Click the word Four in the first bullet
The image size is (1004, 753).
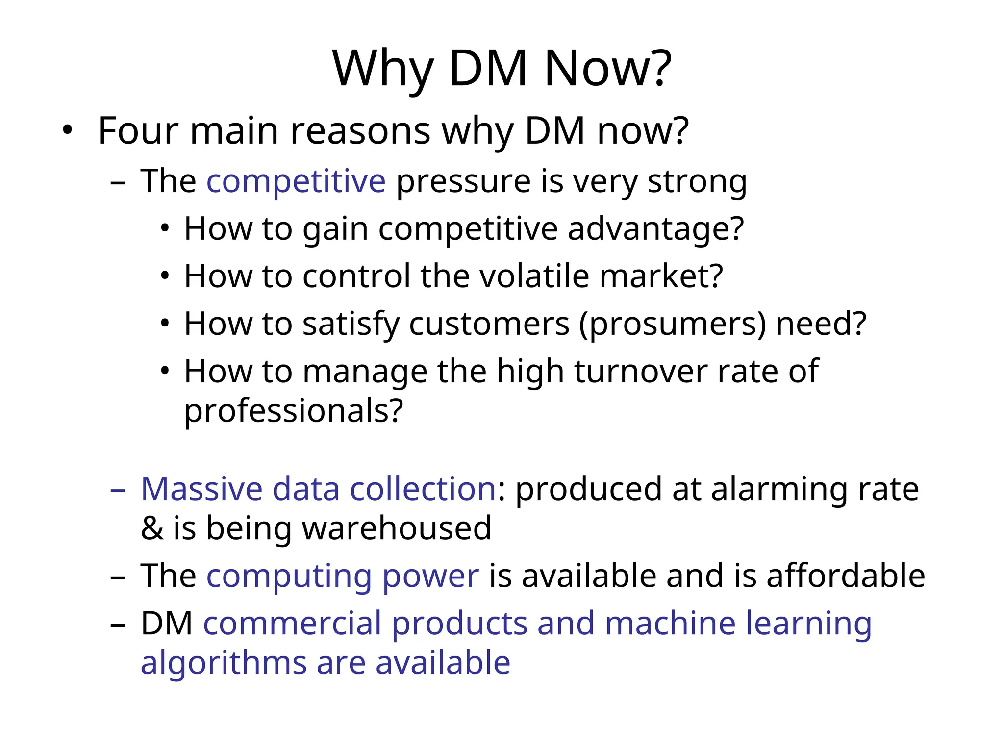(138, 131)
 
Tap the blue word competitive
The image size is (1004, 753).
(296, 181)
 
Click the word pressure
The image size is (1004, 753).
(463, 181)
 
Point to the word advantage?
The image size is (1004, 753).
(655, 229)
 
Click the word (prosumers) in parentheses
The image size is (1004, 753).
(672, 324)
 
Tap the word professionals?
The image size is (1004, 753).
(293, 411)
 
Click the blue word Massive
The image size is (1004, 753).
(201, 489)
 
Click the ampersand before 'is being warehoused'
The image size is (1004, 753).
(152, 528)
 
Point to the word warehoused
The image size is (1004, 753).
(396, 528)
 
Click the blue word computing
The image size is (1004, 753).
(289, 576)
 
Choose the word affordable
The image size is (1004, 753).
(846, 576)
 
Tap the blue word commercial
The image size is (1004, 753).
(292, 624)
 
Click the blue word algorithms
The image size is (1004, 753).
(224, 663)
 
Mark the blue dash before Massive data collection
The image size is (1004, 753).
(118, 490)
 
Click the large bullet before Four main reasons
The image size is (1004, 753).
(67, 131)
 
